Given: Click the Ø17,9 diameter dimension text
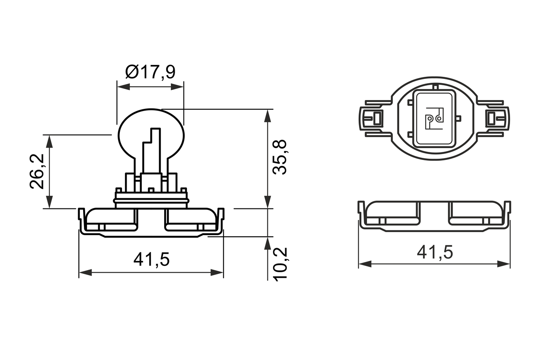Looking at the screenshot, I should (150, 72).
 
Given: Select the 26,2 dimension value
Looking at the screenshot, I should (37, 171).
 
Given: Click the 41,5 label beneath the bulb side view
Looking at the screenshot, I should (151, 260).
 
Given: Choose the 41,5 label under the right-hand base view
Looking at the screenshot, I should (435, 252).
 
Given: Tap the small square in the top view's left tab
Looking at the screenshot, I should (377, 118).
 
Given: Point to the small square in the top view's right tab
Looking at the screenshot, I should (491, 118).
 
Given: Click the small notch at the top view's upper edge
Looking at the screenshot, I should (435, 87).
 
